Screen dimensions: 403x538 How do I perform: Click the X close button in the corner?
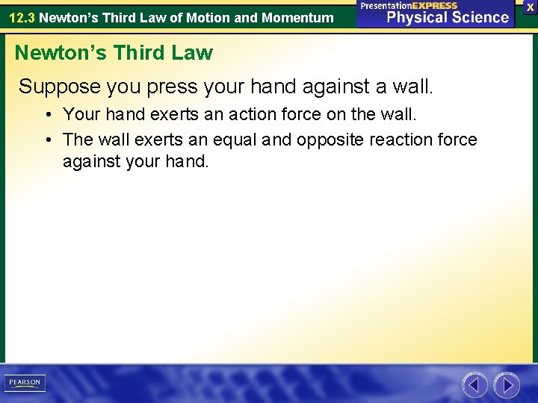[530, 6]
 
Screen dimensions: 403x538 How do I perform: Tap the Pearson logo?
[24, 383]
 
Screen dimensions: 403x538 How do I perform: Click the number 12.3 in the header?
[21, 16]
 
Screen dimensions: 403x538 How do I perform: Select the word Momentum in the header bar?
[297, 16]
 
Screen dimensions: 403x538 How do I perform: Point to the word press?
[174, 87]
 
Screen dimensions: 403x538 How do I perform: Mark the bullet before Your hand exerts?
[47, 116]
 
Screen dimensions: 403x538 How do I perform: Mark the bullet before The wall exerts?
[47, 140]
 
